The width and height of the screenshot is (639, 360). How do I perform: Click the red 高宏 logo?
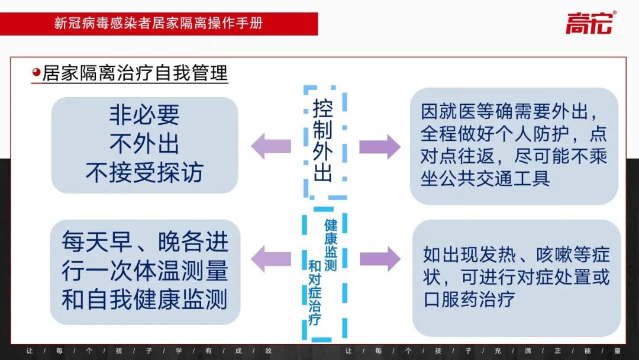[x=590, y=23]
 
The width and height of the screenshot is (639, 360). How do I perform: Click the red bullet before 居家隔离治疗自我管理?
[x=36, y=73]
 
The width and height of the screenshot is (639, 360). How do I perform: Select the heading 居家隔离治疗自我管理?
[x=135, y=73]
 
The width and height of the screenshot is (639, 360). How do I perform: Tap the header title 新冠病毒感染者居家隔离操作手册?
[x=159, y=24]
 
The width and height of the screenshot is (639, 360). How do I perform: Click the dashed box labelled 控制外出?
[x=324, y=142]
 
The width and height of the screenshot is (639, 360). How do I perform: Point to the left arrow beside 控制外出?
[x=271, y=146]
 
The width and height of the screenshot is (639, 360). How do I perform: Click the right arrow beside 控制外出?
[x=379, y=146]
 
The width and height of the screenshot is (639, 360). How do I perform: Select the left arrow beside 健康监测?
[x=271, y=258]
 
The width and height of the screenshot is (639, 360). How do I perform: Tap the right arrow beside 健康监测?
[x=379, y=258]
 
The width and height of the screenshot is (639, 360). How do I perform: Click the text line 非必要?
[x=144, y=115]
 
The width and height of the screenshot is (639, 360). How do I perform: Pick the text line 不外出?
[x=144, y=144]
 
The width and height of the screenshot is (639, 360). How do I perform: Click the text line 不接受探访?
[x=144, y=172]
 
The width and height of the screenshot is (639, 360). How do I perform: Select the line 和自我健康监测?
[x=144, y=300]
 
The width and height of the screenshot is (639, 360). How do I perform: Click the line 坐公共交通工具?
[x=485, y=178]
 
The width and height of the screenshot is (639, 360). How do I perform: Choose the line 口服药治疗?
[x=469, y=298]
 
